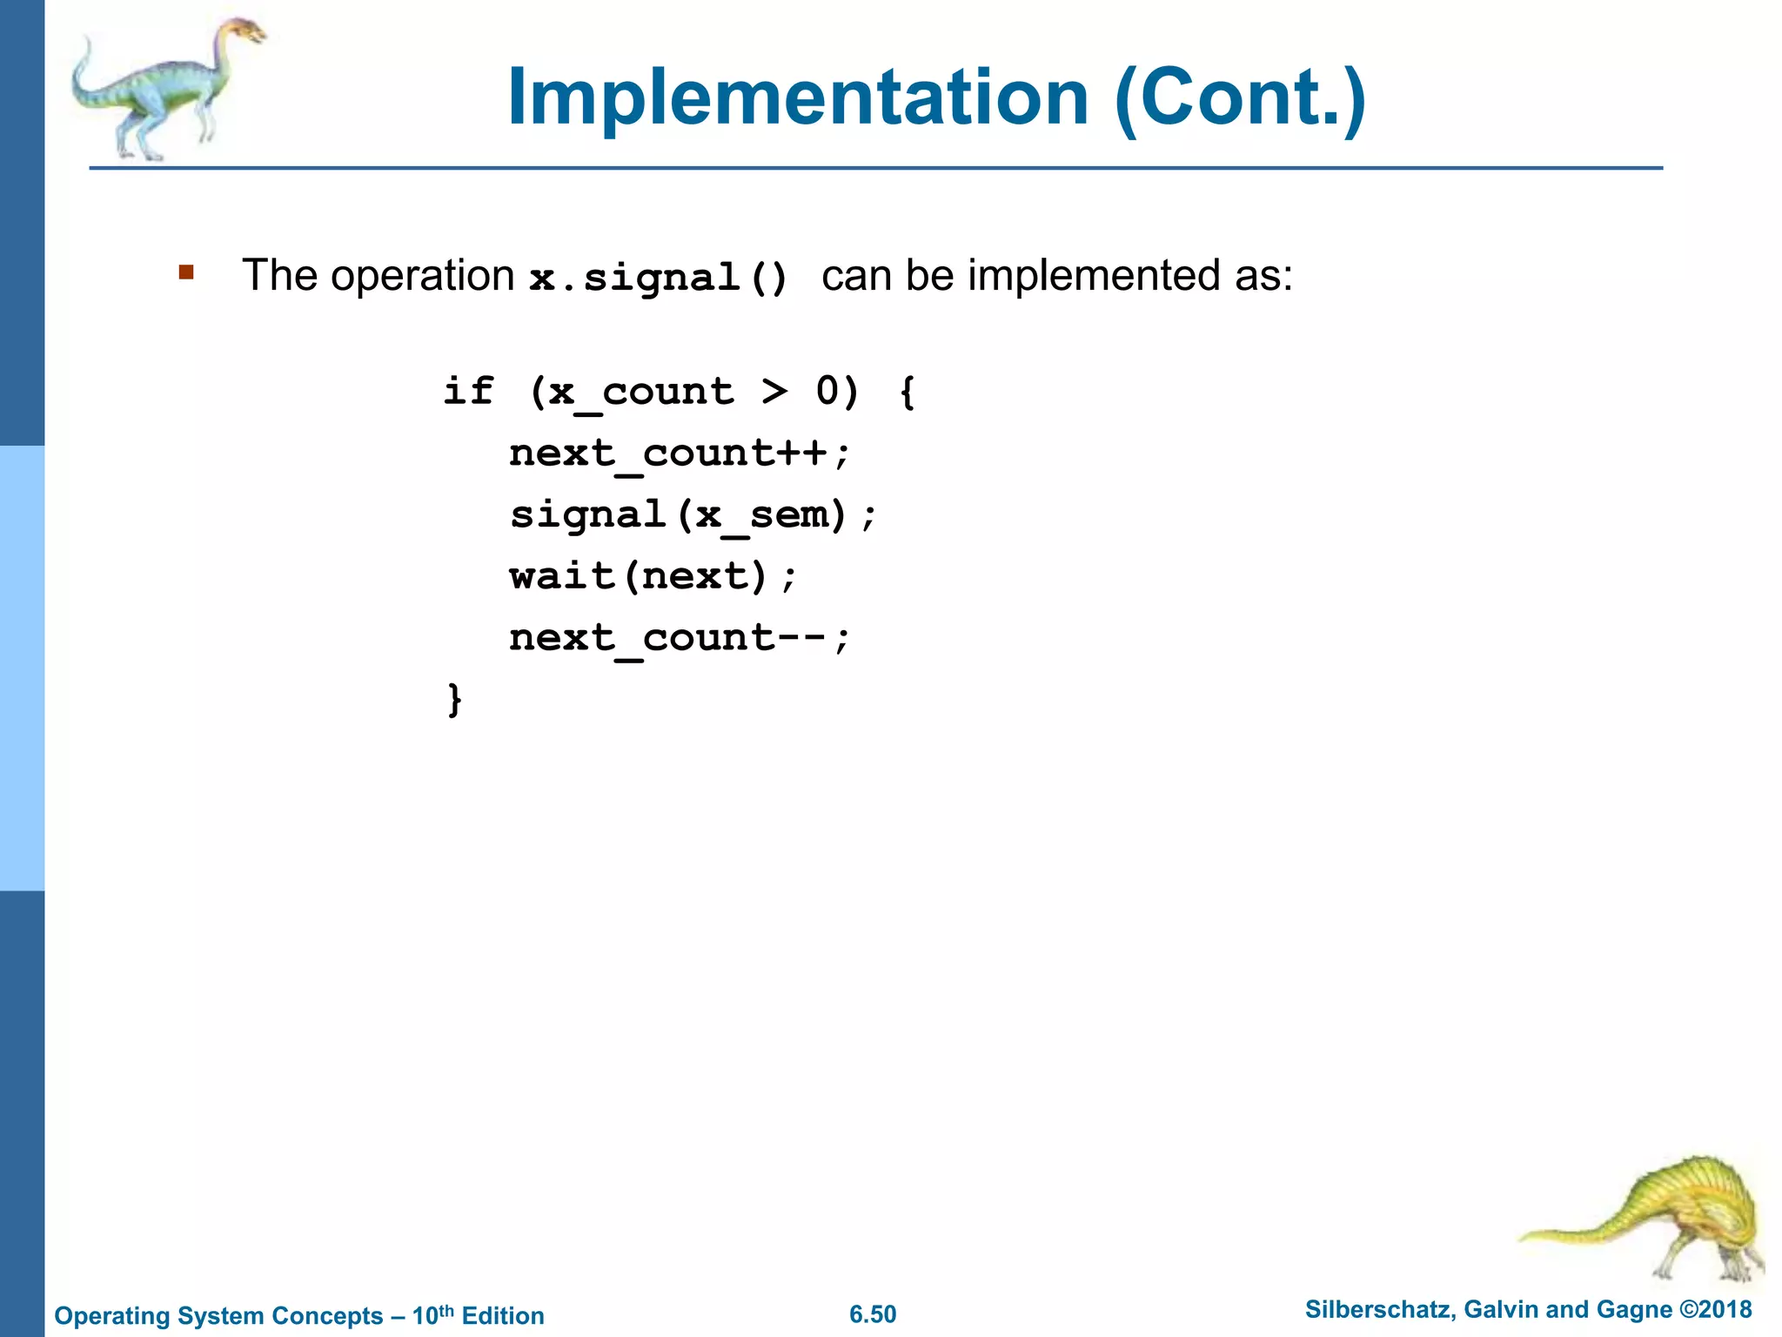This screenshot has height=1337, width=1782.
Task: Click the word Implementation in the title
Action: coord(797,97)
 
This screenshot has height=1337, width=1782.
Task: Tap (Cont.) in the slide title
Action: coord(1240,97)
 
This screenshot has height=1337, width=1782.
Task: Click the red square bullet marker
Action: coord(186,272)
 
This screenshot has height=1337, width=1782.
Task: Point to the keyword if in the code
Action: coord(468,391)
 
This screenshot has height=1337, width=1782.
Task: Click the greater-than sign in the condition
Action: coord(774,391)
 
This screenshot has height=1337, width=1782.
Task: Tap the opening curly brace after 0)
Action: coord(908,391)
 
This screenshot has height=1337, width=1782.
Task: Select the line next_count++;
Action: coord(679,453)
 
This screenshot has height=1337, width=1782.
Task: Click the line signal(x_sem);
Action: coord(693,514)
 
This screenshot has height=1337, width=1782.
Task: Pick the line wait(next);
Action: coord(653,576)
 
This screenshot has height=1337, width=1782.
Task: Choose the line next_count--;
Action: coord(679,638)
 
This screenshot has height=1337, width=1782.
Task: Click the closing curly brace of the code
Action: coord(454,699)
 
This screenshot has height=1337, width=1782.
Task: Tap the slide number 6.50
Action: coord(873,1314)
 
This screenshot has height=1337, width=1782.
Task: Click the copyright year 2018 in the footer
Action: coord(1724,1309)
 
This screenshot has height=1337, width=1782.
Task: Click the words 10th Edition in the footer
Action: coord(478,1314)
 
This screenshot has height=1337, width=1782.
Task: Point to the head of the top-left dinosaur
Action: coord(246,32)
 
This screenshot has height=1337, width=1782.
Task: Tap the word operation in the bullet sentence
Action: coord(422,276)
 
